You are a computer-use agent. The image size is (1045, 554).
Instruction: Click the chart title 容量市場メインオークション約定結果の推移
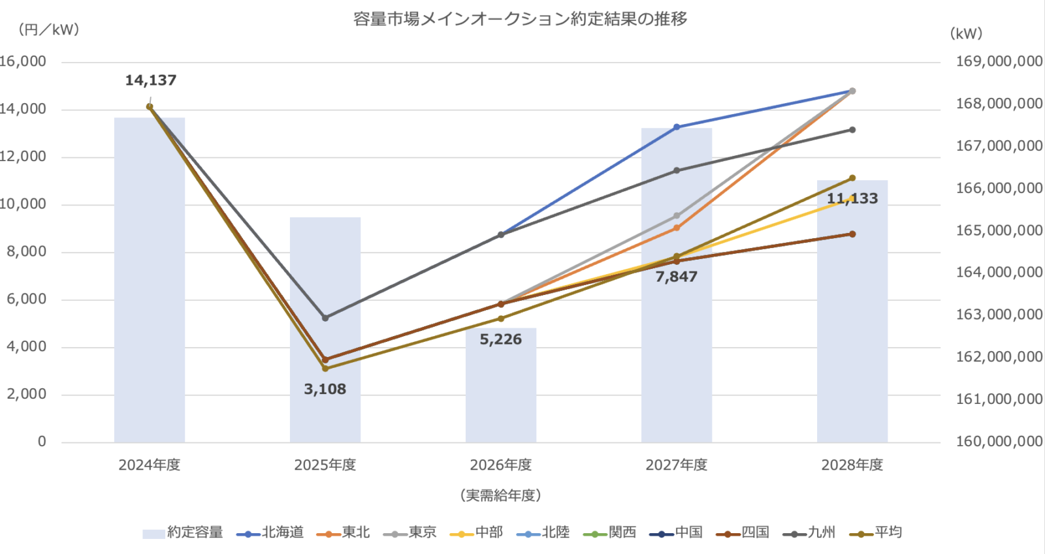tap(520, 19)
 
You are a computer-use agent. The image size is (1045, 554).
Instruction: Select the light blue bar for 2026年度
tap(501, 392)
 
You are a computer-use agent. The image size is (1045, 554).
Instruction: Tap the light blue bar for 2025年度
tap(325, 294)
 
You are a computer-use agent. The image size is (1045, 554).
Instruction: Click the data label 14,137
tap(151, 80)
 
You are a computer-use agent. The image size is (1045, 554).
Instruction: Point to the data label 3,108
tap(325, 390)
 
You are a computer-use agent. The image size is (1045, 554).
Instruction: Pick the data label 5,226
tap(501, 339)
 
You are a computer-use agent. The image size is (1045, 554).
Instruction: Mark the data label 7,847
tap(677, 277)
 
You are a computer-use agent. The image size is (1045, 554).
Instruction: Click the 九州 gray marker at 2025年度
tap(325, 318)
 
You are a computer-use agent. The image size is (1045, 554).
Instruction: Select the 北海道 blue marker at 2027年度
tap(677, 127)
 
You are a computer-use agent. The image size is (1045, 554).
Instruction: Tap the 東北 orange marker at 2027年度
tap(677, 228)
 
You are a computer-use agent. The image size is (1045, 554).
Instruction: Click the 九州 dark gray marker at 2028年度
tap(852, 130)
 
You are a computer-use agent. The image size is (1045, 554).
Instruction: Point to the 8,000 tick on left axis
tap(27, 252)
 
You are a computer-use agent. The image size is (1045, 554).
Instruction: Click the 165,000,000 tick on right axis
tap(999, 230)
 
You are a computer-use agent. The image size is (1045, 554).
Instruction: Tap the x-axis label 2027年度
tap(677, 465)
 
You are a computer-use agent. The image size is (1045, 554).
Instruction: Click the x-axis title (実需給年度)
tap(501, 495)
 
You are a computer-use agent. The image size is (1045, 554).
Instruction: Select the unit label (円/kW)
tap(49, 30)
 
